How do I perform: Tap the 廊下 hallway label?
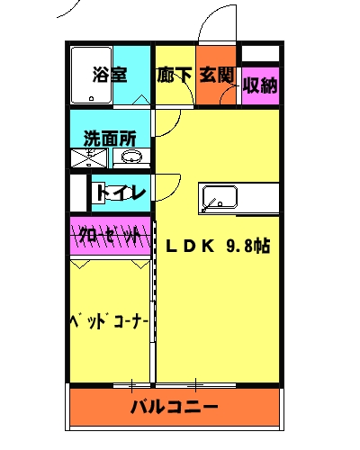pos(174,75)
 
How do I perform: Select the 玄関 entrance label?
pos(217,75)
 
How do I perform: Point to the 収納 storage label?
pos(260,86)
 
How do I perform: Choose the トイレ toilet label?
pos(118,192)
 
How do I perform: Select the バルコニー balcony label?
pos(179,406)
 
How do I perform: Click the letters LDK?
pos(190,245)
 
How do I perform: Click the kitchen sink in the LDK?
pos(217,197)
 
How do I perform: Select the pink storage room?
pos(260,88)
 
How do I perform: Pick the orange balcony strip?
pos(179,406)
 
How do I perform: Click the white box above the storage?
pos(260,52)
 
